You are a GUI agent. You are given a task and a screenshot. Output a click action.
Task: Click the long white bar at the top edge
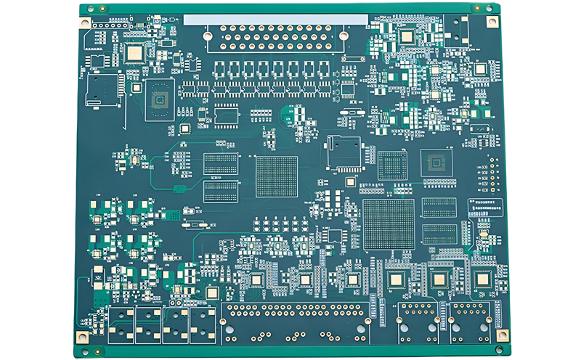coord(276,20)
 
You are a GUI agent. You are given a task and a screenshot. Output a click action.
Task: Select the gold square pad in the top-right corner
coord(492,22)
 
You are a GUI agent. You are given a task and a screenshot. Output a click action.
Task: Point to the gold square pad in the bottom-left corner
coord(82,336)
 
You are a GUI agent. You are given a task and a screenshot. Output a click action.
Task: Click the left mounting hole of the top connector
coord(208,33)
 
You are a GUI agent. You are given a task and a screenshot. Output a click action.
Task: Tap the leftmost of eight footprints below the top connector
coord(222,70)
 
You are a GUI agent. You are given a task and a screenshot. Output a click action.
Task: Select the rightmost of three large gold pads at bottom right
coord(482,279)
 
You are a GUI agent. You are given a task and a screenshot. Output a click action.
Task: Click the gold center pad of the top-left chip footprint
coord(134,52)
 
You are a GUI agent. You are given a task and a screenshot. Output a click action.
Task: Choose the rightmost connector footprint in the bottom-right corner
coord(473,322)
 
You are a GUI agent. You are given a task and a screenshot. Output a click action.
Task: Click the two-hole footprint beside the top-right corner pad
coord(458,28)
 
